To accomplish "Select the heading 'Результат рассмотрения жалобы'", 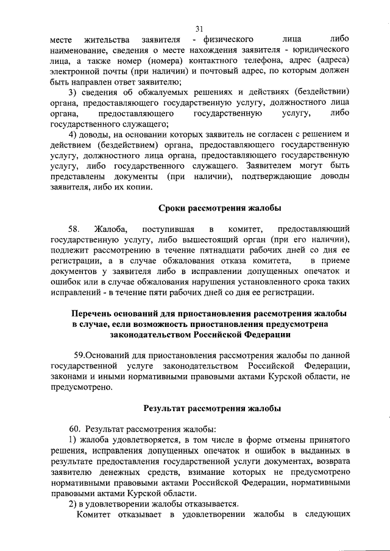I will click(211, 407).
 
